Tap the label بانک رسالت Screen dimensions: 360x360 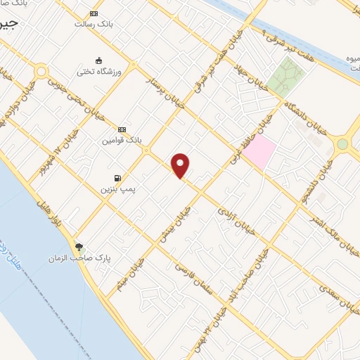94,23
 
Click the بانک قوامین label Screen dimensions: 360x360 122,140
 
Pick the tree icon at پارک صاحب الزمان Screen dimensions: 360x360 79,247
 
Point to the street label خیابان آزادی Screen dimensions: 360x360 233,211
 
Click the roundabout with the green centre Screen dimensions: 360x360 342,144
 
